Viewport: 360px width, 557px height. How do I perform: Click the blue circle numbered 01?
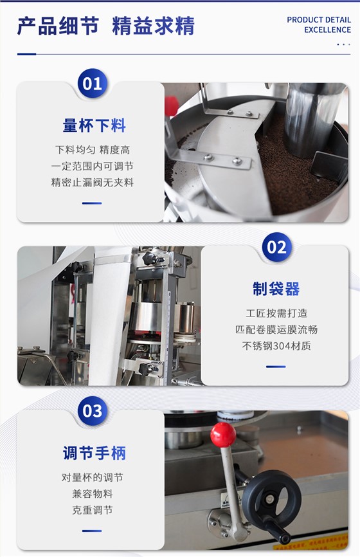point(93,84)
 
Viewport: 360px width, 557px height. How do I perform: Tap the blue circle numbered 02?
point(277,247)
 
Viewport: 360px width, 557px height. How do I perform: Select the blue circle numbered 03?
point(93,411)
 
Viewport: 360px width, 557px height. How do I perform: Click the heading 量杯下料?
point(94,126)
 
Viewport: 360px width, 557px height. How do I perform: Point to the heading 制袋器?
point(276,289)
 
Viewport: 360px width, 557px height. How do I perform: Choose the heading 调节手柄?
point(94,453)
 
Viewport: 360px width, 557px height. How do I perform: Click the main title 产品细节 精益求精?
point(106,26)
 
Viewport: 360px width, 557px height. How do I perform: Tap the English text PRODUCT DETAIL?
point(319,20)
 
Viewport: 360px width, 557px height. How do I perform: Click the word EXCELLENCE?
point(327,30)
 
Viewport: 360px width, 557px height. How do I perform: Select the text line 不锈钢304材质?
point(276,345)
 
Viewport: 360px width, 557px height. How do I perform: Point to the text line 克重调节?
point(93,510)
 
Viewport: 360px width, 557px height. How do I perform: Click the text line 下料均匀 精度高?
point(93,150)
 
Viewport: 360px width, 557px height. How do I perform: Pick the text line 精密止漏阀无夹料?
point(93,182)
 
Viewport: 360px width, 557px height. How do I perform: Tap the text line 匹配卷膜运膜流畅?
point(276,329)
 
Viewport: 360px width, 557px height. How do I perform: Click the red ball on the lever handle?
point(223,435)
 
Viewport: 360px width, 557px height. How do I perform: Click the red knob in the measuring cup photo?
point(171,105)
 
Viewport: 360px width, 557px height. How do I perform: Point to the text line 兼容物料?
point(93,494)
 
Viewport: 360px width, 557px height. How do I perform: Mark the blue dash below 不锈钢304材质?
point(276,367)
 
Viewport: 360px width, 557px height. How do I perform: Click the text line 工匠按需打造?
point(276,313)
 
